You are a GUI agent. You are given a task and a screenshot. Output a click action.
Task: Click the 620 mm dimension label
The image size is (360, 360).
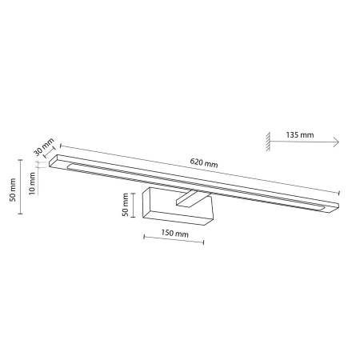(204, 162)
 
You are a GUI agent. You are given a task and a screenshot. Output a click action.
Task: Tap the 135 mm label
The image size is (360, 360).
(300, 134)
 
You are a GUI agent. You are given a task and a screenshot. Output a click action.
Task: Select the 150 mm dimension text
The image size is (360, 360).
(174, 234)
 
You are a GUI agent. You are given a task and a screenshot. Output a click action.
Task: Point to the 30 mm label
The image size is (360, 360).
(44, 146)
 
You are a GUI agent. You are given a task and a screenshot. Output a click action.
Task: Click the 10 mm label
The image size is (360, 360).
(32, 183)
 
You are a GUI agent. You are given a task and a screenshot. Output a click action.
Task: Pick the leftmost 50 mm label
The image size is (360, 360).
(12, 190)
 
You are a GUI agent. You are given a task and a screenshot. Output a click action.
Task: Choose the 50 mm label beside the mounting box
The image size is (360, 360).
(125, 205)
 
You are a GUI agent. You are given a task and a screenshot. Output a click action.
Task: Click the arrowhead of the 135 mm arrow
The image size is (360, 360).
(336, 142)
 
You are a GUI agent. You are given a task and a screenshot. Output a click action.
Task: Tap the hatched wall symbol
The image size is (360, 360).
(268, 142)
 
